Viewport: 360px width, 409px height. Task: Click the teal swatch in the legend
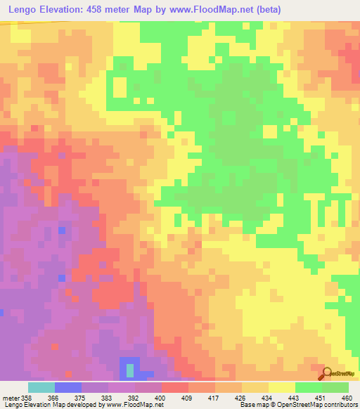coord(41,387)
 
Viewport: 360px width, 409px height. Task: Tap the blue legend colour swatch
coord(68,387)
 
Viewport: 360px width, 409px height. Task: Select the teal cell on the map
coord(130,370)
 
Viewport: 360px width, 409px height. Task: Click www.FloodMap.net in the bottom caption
coord(134,405)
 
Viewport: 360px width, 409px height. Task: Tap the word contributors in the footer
coord(340,405)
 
